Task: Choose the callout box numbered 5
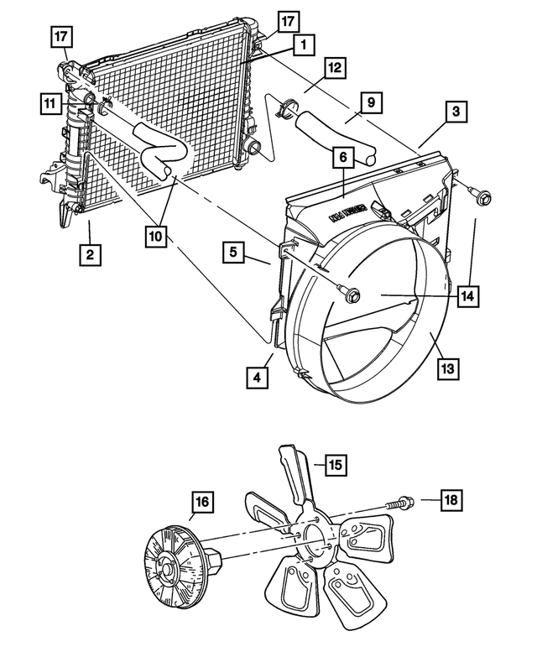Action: pos(236,251)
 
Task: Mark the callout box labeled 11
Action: pos(51,103)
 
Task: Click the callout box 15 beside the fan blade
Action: pos(336,463)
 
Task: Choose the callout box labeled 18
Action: pos(451,501)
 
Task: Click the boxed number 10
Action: pos(155,237)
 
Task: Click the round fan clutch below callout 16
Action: pos(171,568)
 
